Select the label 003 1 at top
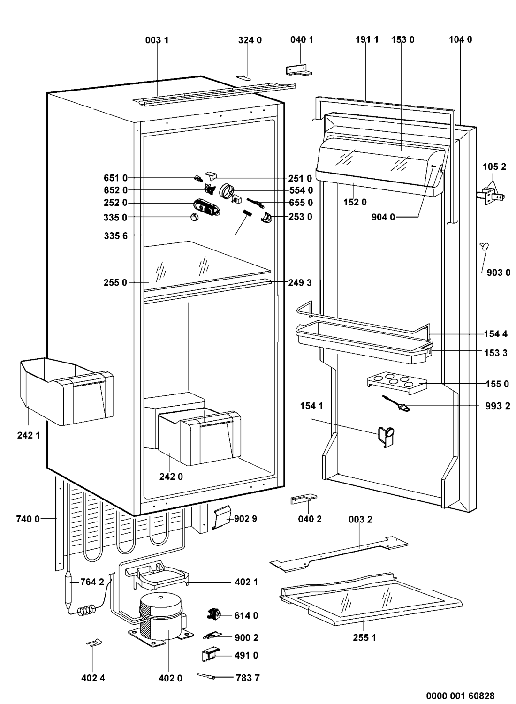[x=157, y=40]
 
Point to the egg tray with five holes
[x=397, y=383]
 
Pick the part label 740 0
[x=28, y=519]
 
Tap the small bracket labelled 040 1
[x=299, y=70]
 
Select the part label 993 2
[x=497, y=406]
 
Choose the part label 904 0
[x=383, y=217]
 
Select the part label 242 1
[x=29, y=435]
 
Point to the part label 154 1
[x=311, y=406]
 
